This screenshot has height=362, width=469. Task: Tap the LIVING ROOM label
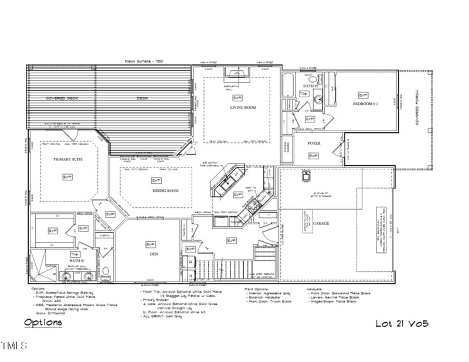[243, 108]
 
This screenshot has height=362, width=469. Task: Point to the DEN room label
[154, 254]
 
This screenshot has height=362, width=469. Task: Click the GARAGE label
[321, 224]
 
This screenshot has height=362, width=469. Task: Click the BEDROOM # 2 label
[366, 104]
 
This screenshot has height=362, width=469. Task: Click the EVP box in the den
[151, 244]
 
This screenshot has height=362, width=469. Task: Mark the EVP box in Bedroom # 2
[363, 95]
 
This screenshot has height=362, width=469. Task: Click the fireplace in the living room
[237, 73]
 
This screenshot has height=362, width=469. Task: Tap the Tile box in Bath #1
[74, 254]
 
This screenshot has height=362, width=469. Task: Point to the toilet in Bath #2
[313, 80]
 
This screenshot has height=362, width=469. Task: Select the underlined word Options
[43, 323]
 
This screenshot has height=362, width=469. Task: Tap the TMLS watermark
[14, 346]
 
